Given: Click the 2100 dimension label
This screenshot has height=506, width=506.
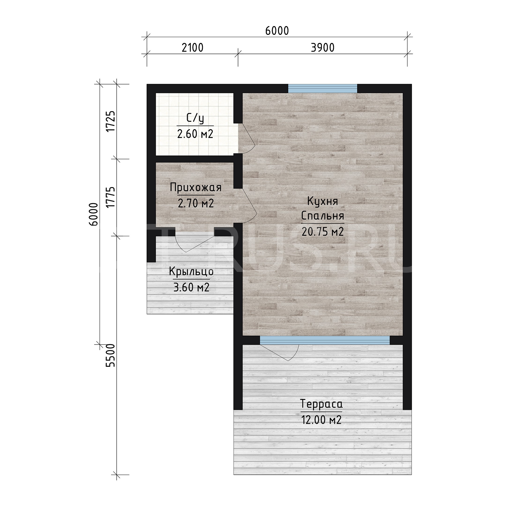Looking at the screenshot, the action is coord(193,48).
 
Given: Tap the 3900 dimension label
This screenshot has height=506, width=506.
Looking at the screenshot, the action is coord(323,48).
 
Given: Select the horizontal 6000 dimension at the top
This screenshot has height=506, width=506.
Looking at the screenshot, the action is coord(277,31).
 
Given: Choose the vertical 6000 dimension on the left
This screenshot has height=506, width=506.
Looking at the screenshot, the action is coord(93,214).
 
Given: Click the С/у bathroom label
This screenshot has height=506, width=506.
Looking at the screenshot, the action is coord(195,119).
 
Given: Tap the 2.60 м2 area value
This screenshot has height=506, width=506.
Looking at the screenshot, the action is coord(195,134).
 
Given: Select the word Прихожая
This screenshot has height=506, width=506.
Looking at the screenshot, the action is coord(196,188).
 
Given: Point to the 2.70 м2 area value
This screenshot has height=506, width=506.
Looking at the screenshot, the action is coord(196,203).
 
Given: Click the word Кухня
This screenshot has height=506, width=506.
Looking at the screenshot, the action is coord(322,201).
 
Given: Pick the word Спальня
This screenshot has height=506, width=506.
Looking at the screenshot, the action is coord(322,216).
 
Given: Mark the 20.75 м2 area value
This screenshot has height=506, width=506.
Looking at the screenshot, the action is coord(322,231).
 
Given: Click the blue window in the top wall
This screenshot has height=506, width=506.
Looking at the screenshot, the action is coord(323,89).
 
